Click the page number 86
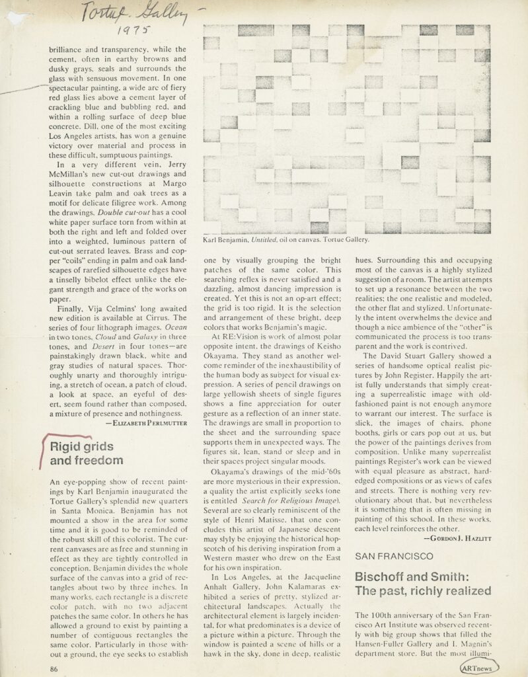click(x=55, y=668)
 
